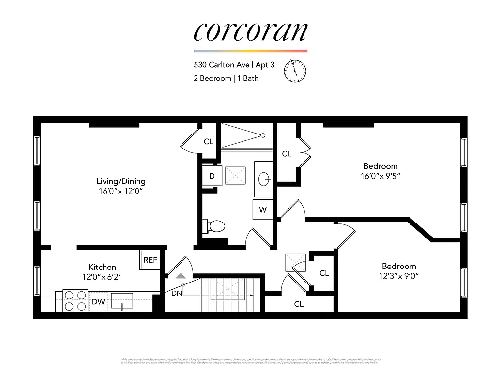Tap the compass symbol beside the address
(295, 71)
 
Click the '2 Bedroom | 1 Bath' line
(226, 78)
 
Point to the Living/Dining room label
(121, 181)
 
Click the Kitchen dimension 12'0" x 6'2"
(102, 277)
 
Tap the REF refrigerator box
(151, 260)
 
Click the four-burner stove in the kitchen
(75, 300)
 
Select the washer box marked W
(263, 209)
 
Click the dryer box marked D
(212, 176)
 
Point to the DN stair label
(177, 293)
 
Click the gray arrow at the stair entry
(181, 276)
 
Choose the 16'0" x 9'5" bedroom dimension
(380, 176)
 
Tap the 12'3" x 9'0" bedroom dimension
(399, 276)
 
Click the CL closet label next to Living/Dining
(208, 142)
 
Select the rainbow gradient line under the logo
(250, 51)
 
